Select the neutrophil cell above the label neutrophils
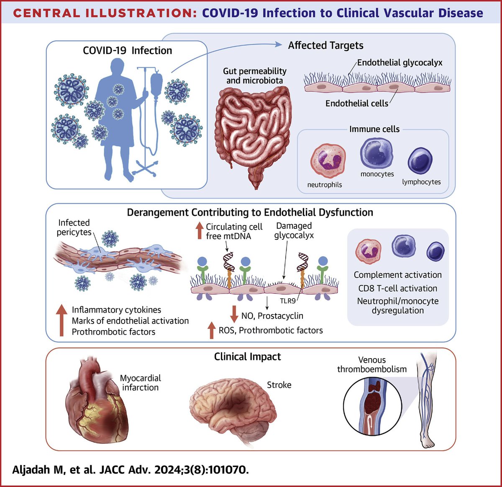click(x=328, y=161)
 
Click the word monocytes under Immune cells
click(x=377, y=174)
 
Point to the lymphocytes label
click(x=421, y=182)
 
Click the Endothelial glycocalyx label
click(x=400, y=63)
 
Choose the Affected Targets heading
click(x=325, y=45)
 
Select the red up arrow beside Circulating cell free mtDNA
click(x=199, y=231)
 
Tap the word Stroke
click(x=279, y=385)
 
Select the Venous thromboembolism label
click(x=372, y=364)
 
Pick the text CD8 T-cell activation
click(x=397, y=288)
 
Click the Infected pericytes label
click(x=74, y=227)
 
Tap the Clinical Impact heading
click(x=247, y=356)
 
